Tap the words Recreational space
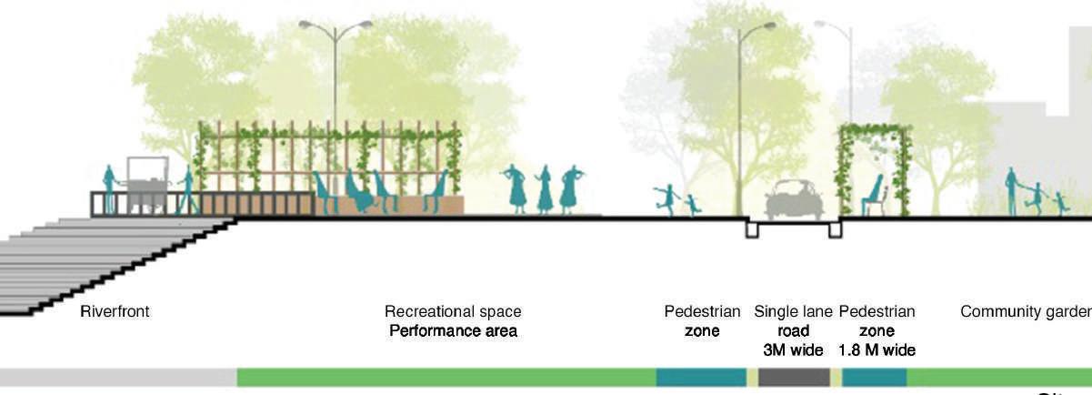(x=453, y=311)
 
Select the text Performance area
(x=453, y=330)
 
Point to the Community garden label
(x=1026, y=311)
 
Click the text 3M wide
(x=793, y=350)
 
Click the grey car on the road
(x=794, y=200)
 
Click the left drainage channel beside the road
(x=753, y=228)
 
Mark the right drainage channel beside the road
(x=835, y=228)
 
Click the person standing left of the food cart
(x=109, y=189)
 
